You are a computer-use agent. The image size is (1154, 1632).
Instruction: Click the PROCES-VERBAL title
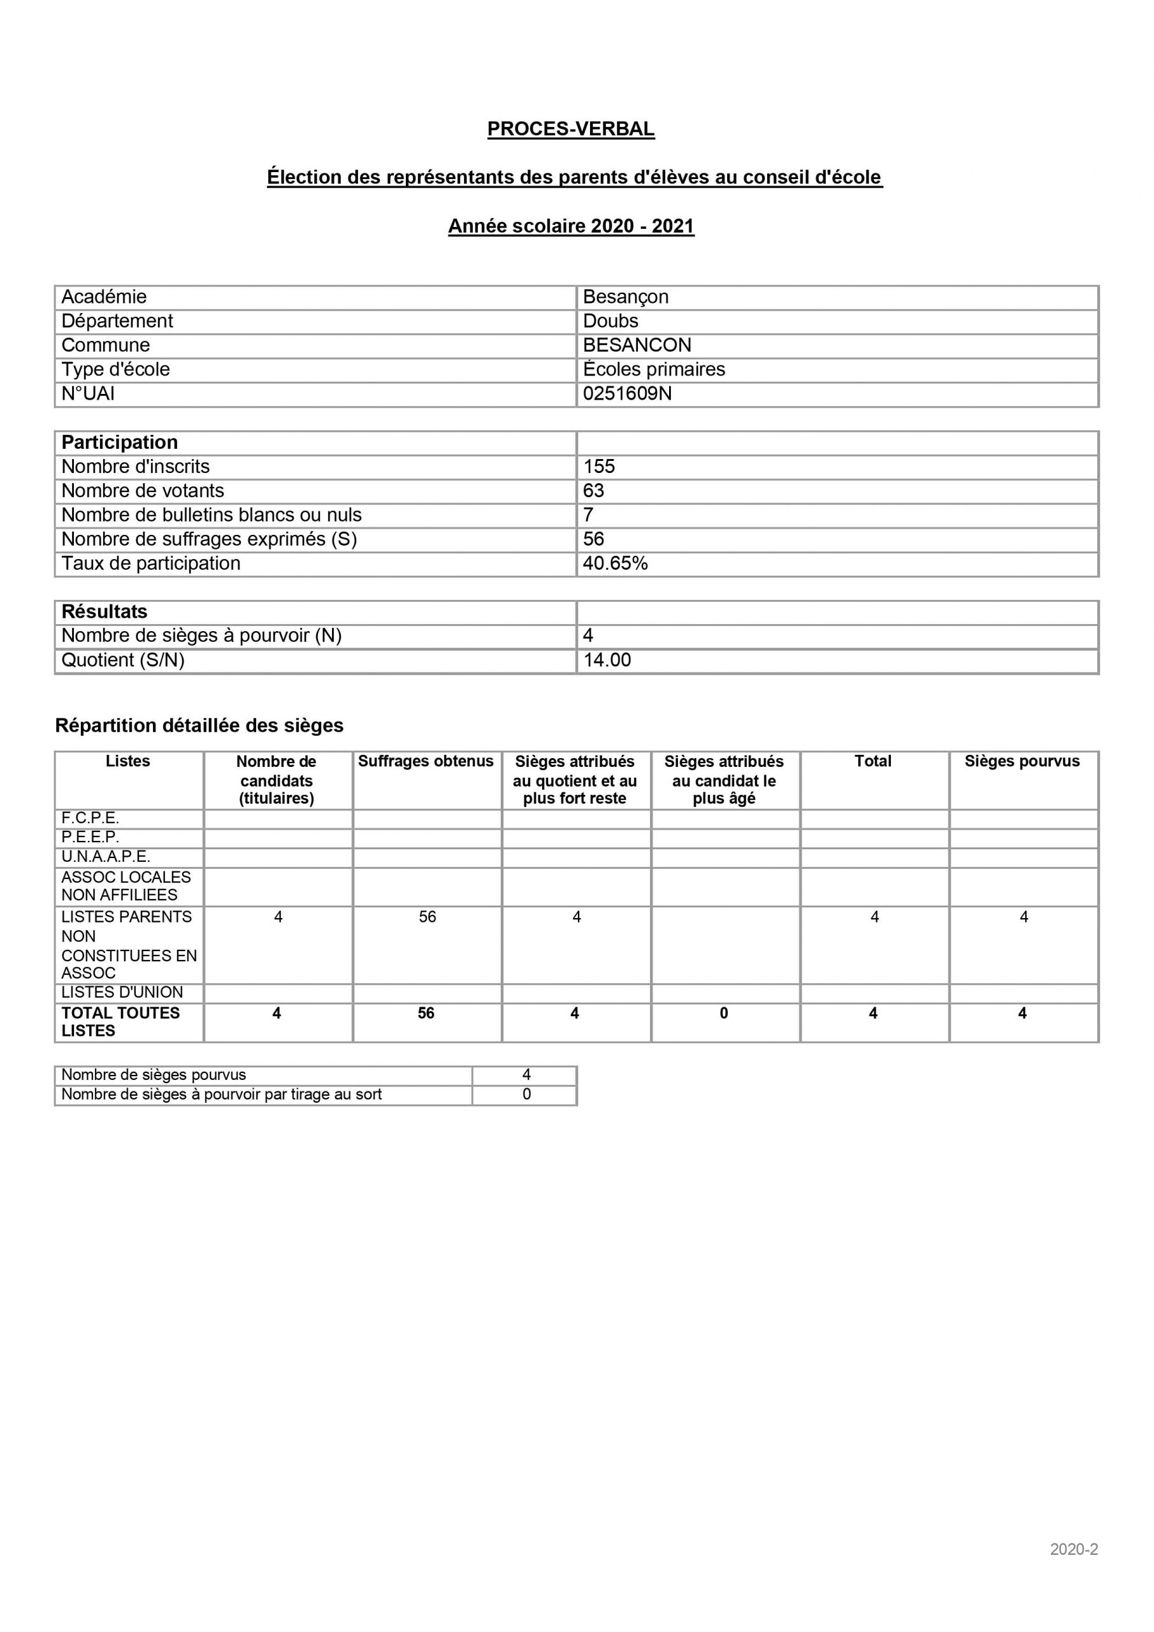pos(570,129)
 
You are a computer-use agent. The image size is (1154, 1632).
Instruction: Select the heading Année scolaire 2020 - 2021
pos(570,226)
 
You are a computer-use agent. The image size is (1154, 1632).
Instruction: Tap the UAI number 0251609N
pos(627,394)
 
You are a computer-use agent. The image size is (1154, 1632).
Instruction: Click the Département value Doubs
pos(610,321)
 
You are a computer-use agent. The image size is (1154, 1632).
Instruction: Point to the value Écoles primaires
pos(654,370)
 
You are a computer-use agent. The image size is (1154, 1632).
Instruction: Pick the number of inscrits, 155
pos(599,467)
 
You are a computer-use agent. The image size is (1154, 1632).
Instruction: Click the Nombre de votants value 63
pos(593,491)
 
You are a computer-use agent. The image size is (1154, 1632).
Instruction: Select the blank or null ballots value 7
pos(588,515)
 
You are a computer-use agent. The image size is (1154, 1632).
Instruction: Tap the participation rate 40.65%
pos(616,564)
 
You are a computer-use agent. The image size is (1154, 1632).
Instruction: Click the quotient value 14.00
pos(607,660)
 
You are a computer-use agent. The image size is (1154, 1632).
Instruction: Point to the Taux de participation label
pos(150,564)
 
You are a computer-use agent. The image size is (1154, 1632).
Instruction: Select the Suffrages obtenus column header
pos(426,761)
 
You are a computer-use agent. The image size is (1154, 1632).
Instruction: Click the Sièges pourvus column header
pos(1022,761)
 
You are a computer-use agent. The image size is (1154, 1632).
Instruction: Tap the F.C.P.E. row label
pos(90,818)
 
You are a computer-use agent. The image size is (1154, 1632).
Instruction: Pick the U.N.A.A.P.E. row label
pos(106,857)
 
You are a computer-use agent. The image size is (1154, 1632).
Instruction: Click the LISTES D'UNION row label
pos(122,993)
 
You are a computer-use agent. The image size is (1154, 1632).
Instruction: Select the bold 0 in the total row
pos(723,1014)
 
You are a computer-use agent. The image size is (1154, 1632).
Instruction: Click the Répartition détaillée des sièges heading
pos(199,725)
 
